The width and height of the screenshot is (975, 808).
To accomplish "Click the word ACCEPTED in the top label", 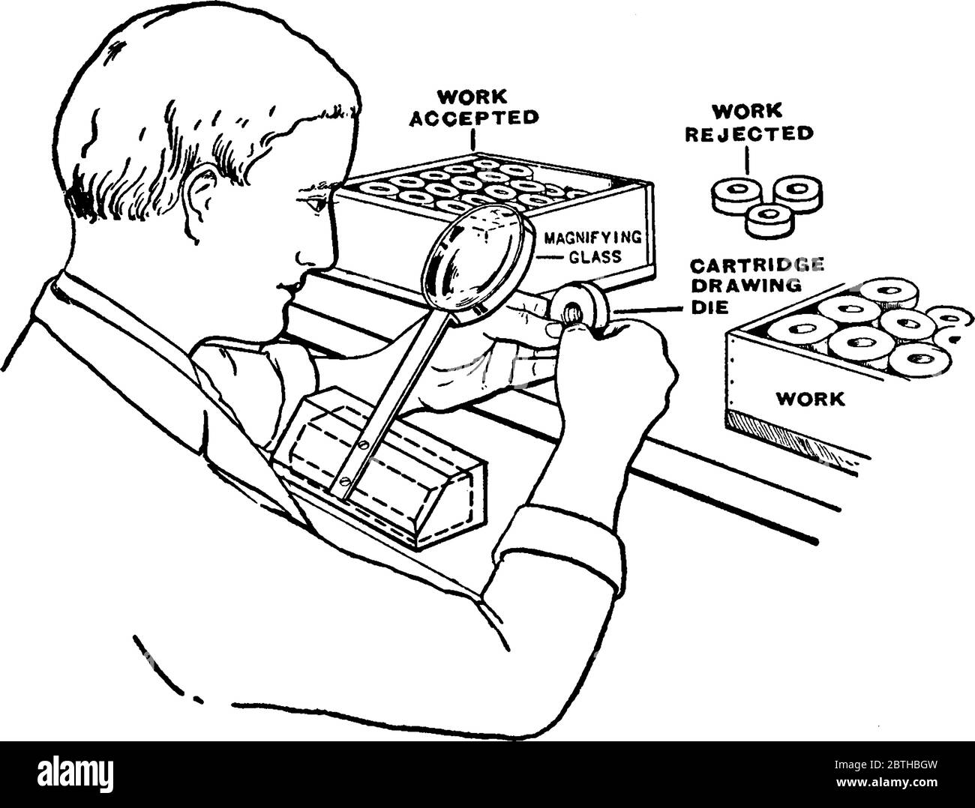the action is pos(474,118).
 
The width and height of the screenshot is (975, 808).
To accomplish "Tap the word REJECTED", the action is pos(749,134).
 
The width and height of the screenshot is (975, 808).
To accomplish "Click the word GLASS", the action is pos(595,257).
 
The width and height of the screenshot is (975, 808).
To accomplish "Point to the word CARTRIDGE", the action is pos(757,265).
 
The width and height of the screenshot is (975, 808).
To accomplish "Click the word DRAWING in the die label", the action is pos(745,286).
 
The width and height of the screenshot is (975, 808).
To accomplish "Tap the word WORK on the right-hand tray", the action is pos(810,399).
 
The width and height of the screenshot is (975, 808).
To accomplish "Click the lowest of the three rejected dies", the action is pos(769,221).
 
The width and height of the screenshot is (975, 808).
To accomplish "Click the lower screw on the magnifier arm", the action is pos(345,480).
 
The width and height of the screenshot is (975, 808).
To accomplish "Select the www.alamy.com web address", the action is pos(886,782).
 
